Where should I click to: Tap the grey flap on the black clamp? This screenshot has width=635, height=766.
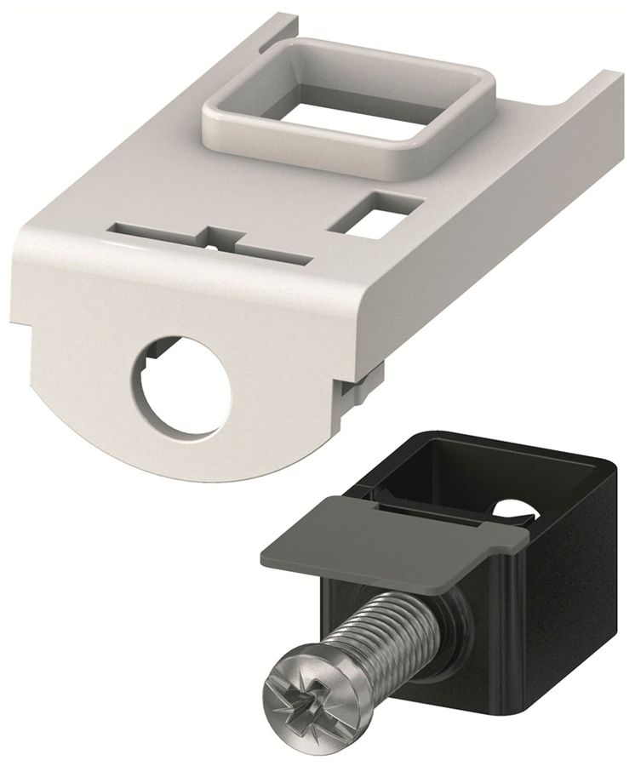383,536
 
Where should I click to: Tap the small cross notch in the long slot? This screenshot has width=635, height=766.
211,237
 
